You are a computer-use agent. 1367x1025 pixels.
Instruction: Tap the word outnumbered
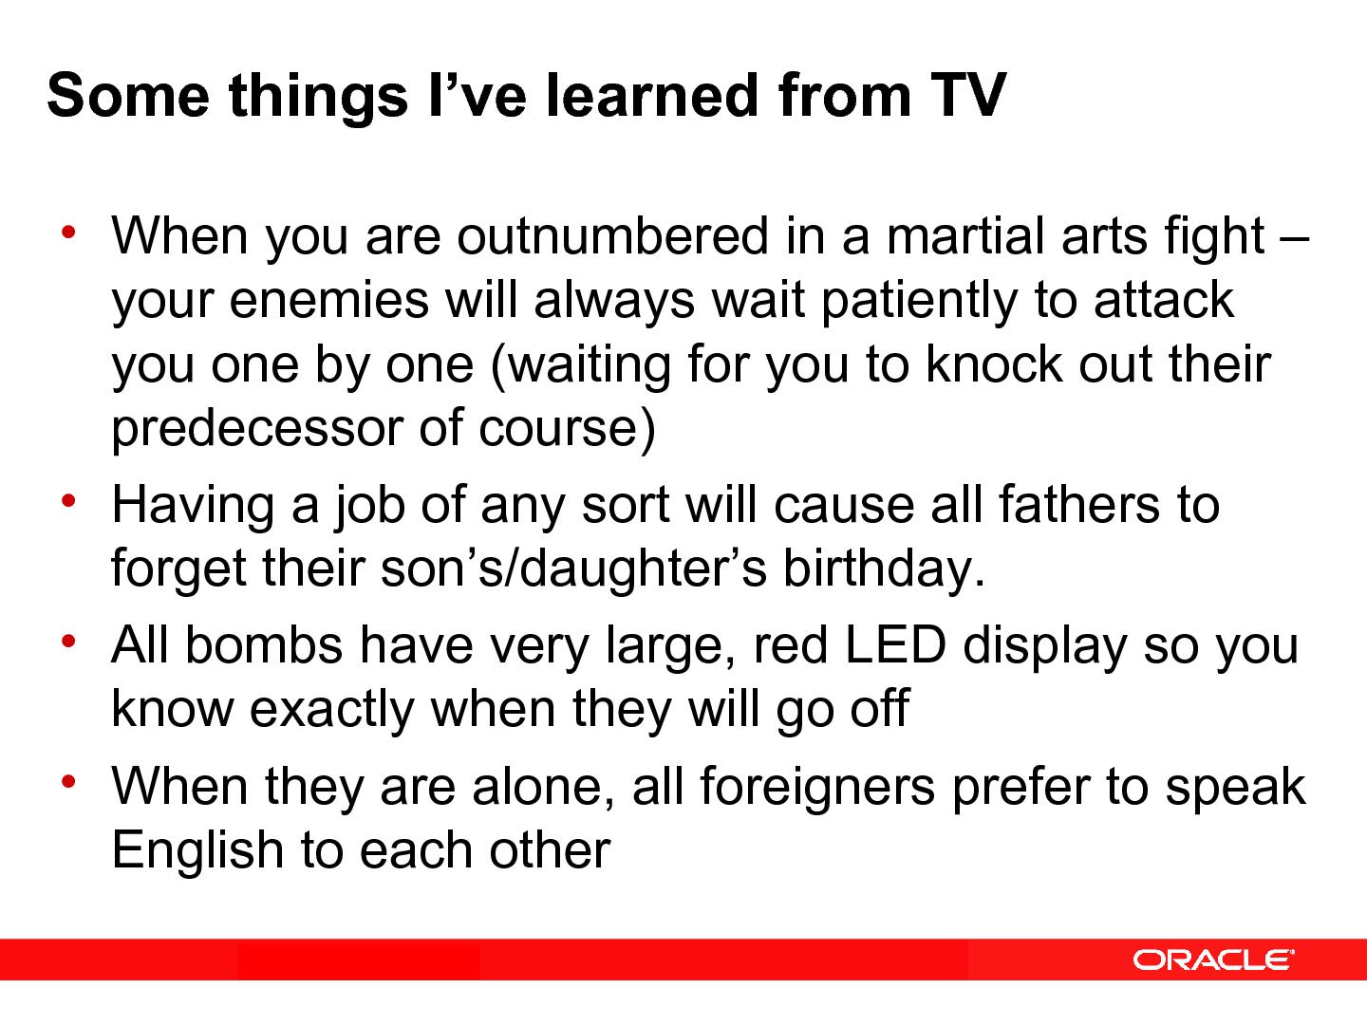611,236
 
